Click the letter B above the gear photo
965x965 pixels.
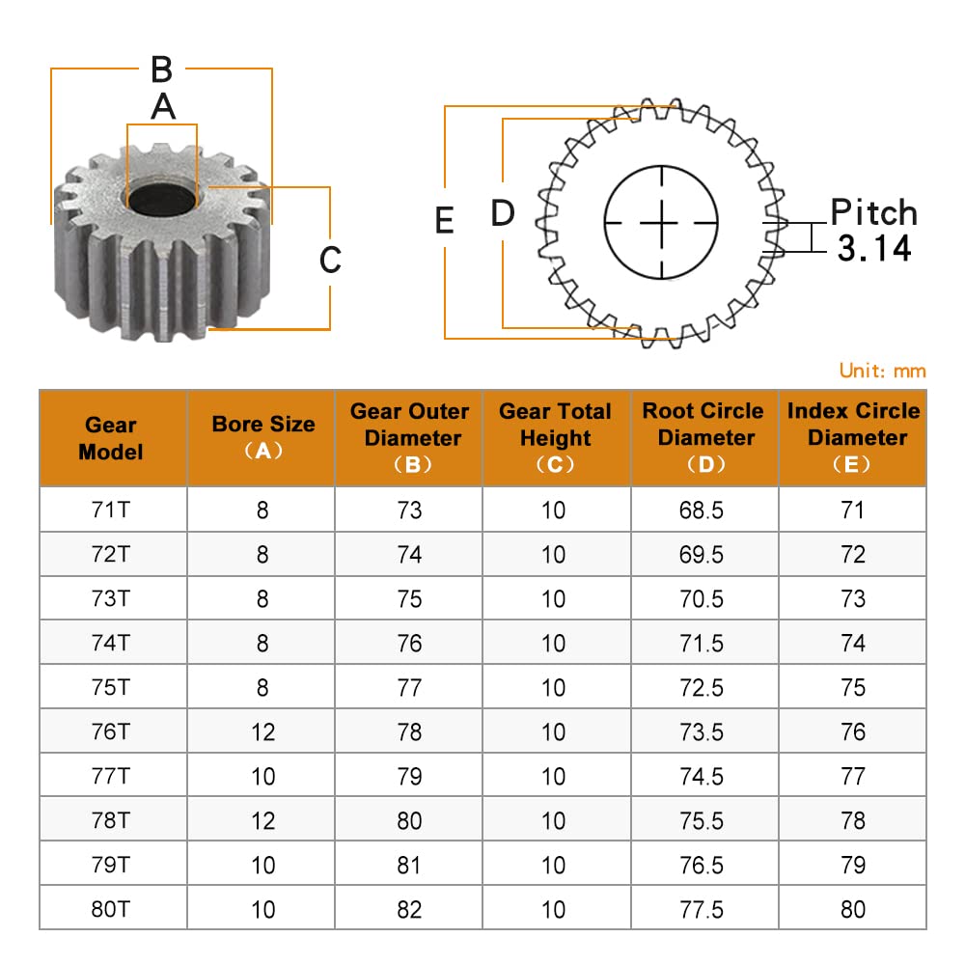pos(161,69)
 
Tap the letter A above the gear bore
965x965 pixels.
pos(163,106)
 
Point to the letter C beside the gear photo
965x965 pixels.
pos(330,259)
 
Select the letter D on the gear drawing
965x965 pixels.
pos(503,213)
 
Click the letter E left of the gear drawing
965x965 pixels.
pos(444,221)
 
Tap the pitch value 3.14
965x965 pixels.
pos(873,249)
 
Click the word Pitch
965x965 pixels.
pos(873,212)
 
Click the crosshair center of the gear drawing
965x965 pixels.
pos(662,222)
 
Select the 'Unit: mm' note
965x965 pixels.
pos(882,371)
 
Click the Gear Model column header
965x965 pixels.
pos(111,438)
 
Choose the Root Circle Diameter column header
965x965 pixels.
pos(703,437)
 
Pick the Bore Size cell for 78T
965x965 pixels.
pos(262,820)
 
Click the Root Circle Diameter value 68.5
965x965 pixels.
pos(702,510)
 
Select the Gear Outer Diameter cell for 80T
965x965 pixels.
pos(410,909)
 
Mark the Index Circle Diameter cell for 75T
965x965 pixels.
pos(853,687)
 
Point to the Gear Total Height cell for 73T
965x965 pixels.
pos(554,598)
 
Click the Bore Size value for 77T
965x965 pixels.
pos(262,776)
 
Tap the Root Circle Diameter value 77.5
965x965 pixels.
pos(702,909)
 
